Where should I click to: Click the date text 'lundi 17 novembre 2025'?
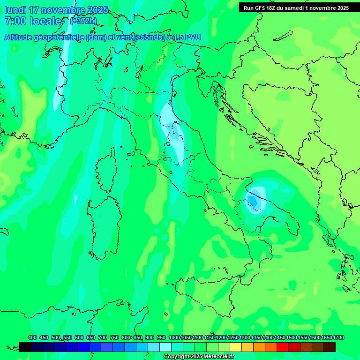(x=56, y=10)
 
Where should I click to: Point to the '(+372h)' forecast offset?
(x=82, y=21)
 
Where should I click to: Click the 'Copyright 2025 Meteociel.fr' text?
(x=199, y=357)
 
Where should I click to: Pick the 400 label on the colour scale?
(x=32, y=338)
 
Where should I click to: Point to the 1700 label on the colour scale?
(x=326, y=338)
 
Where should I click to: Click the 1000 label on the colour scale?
(x=174, y=338)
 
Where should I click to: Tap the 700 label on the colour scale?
(x=103, y=338)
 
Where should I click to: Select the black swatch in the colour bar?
(x=25, y=347)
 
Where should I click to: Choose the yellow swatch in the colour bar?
(x=236, y=347)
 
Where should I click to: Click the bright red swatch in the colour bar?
(x=283, y=347)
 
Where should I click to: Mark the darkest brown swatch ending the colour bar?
(x=330, y=347)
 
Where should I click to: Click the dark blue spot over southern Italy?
(x=253, y=200)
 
